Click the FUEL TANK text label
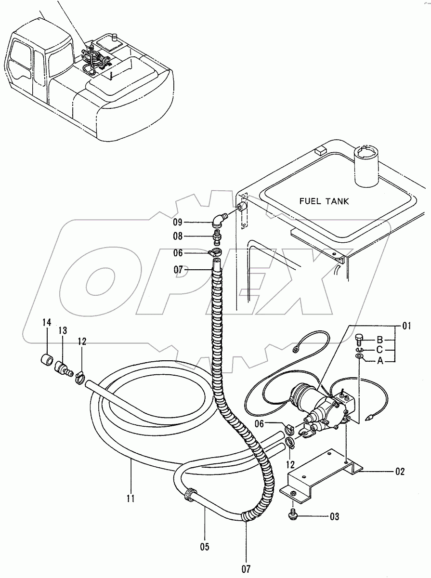(324, 201)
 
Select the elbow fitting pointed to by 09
(218, 220)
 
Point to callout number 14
(47, 322)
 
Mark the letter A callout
(380, 360)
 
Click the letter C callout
(380, 349)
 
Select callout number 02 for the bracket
(400, 472)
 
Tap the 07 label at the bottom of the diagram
(246, 569)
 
